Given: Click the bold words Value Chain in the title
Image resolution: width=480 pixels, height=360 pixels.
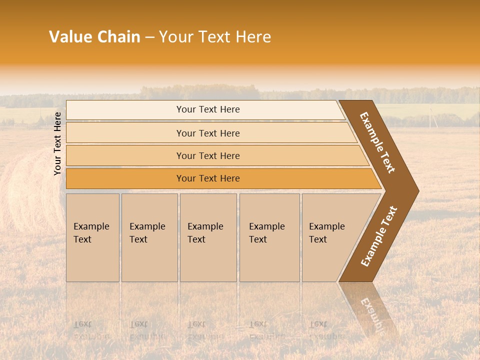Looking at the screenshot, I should (94, 37).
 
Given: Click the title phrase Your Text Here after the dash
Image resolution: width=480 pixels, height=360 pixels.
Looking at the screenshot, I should (215, 37).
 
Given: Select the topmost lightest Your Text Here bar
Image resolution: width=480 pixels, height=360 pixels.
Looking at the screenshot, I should (207, 109).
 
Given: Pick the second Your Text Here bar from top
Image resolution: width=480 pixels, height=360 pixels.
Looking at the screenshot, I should (207, 133).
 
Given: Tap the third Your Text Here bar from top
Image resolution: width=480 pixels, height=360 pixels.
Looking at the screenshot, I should (207, 155).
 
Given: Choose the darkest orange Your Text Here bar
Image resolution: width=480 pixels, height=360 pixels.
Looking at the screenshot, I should (207, 178).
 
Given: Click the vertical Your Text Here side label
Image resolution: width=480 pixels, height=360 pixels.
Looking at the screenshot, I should (57, 143).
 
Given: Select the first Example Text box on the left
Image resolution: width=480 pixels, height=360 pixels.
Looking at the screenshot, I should (92, 237).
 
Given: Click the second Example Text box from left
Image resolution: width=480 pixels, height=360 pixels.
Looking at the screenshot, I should (149, 237).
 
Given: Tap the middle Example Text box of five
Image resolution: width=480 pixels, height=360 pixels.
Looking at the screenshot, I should (207, 237).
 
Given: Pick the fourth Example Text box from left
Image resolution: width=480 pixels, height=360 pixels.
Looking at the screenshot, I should (269, 237).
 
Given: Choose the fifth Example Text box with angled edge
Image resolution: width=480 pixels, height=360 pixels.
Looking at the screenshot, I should (330, 237).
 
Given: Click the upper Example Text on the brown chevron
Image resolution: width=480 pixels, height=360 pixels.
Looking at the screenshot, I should (378, 142).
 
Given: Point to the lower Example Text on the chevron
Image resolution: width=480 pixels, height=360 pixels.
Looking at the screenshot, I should (379, 236).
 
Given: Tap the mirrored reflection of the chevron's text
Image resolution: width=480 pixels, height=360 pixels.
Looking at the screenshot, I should (372, 315).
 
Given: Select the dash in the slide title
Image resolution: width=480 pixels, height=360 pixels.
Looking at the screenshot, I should (149, 37).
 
